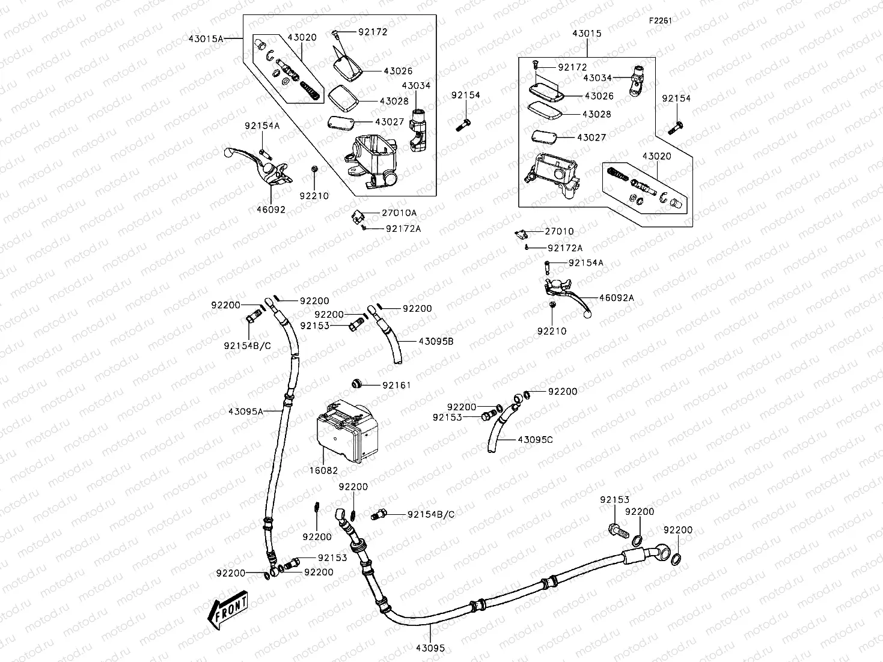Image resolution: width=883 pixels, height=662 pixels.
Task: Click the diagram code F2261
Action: point(659,20)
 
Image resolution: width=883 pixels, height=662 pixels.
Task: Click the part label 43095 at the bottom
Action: point(430,648)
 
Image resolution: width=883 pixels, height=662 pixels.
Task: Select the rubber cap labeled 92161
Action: point(356,383)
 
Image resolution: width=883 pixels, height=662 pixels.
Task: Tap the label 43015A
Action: point(206,38)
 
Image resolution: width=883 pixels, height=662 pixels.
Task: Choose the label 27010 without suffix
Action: point(559,231)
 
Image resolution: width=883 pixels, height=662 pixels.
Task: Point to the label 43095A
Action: point(245,411)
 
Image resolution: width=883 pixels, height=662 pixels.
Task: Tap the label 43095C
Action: point(535,440)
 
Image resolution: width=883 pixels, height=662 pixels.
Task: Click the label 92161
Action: point(397,385)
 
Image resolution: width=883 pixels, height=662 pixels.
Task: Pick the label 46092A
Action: point(616,297)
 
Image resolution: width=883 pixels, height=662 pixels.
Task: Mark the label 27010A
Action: point(399,213)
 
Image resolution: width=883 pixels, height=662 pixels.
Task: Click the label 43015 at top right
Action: point(587,34)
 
